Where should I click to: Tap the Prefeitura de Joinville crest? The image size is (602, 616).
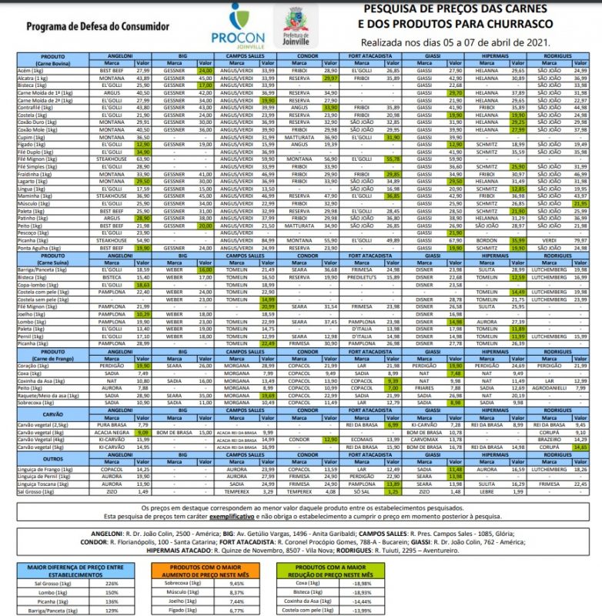[295, 25]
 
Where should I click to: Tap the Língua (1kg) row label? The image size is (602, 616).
[35, 189]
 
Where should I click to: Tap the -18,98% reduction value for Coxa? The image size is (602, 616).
[358, 583]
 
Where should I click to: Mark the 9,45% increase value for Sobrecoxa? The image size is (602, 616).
[237, 583]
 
